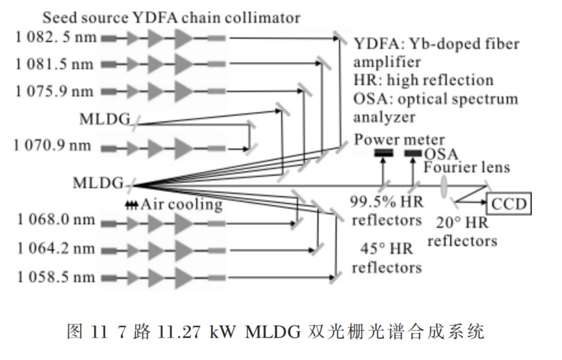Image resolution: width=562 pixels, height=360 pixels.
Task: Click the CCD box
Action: pyautogui.click(x=509, y=204)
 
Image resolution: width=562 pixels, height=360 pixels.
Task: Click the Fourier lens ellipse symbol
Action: pyautogui.click(x=445, y=186)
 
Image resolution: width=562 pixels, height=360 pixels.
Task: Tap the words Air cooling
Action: pyautogui.click(x=182, y=204)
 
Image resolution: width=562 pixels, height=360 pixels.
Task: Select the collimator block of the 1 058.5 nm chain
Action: pyautogui.click(x=216, y=277)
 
